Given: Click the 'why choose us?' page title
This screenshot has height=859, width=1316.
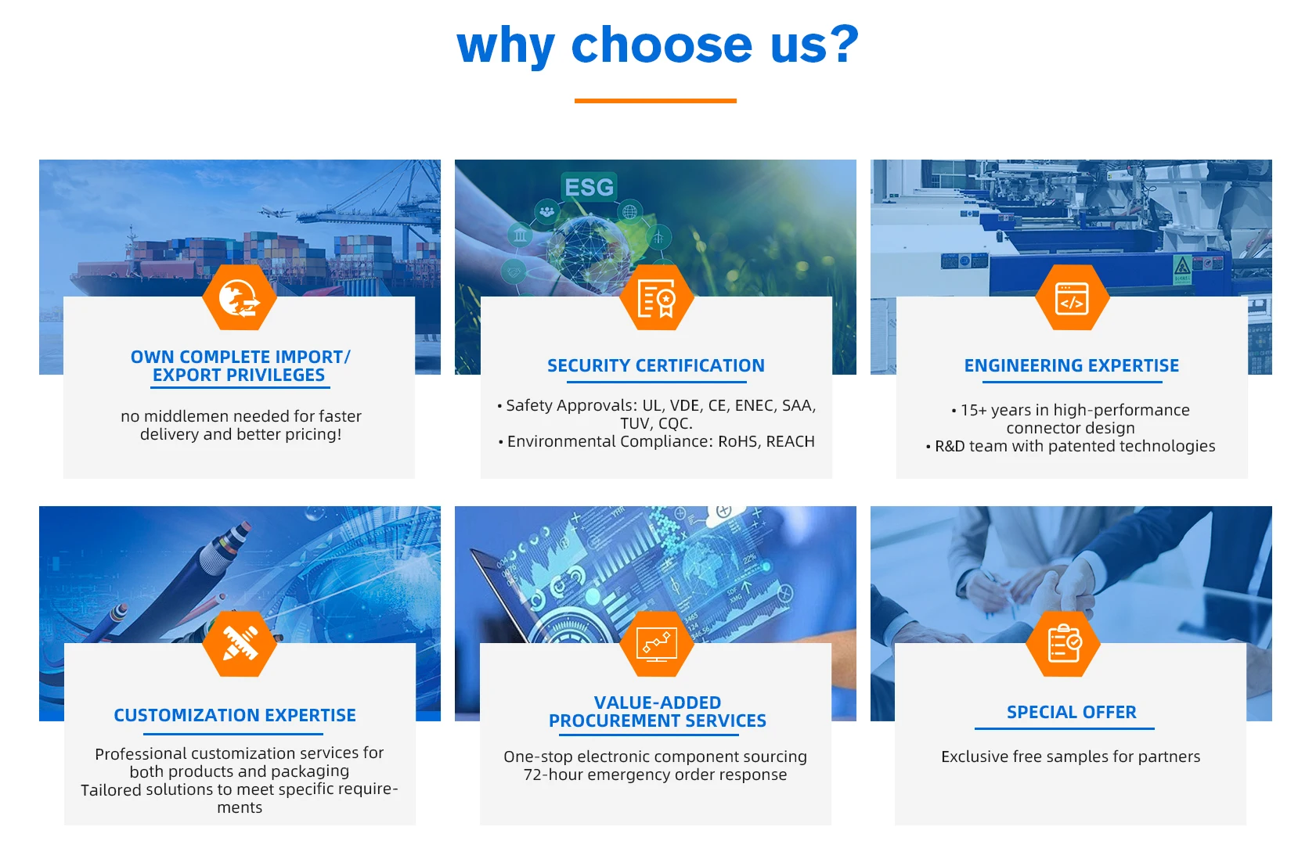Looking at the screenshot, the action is [x=658, y=45].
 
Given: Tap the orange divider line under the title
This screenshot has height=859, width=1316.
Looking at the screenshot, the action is [x=655, y=101].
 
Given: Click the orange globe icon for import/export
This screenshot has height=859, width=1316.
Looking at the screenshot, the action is [x=239, y=298].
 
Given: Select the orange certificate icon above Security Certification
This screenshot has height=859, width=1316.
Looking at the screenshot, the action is [x=656, y=298].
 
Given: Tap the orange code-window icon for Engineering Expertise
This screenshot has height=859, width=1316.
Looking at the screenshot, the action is [x=1072, y=298].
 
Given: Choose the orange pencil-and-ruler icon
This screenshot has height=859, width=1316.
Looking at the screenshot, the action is [x=239, y=644].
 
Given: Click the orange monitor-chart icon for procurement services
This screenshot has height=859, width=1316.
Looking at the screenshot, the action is [x=656, y=644].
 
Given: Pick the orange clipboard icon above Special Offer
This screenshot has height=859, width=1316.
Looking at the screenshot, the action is [x=1063, y=644].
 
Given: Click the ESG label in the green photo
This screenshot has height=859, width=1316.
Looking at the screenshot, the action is [x=589, y=187].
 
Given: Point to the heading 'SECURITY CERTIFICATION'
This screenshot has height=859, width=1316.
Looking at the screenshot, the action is [x=655, y=366].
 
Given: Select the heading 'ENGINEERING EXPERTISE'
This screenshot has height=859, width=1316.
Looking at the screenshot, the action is [x=1072, y=366].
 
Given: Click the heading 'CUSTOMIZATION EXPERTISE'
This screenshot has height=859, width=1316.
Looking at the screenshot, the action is [x=235, y=715].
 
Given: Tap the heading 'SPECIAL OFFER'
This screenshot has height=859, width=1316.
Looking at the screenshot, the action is [x=1072, y=712].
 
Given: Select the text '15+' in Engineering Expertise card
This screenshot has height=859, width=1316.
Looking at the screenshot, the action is [x=973, y=411].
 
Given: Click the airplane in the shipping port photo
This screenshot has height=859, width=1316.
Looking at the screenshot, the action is [x=274, y=210].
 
